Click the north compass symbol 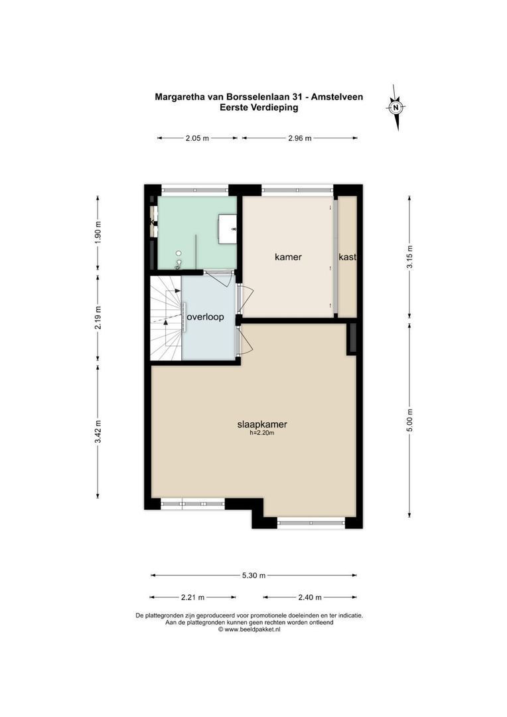coord(396,107)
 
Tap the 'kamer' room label coord(289,256)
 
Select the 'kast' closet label coord(347,257)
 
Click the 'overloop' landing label coord(205,317)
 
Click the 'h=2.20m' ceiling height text coord(262,433)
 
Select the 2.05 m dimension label coord(197,138)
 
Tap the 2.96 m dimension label coord(299,138)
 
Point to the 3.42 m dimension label coord(98,432)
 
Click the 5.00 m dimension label coord(409,420)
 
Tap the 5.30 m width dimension coord(254,575)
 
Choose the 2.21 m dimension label coord(193,597)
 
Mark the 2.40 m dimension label coord(309,597)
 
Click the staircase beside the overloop coord(165,319)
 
